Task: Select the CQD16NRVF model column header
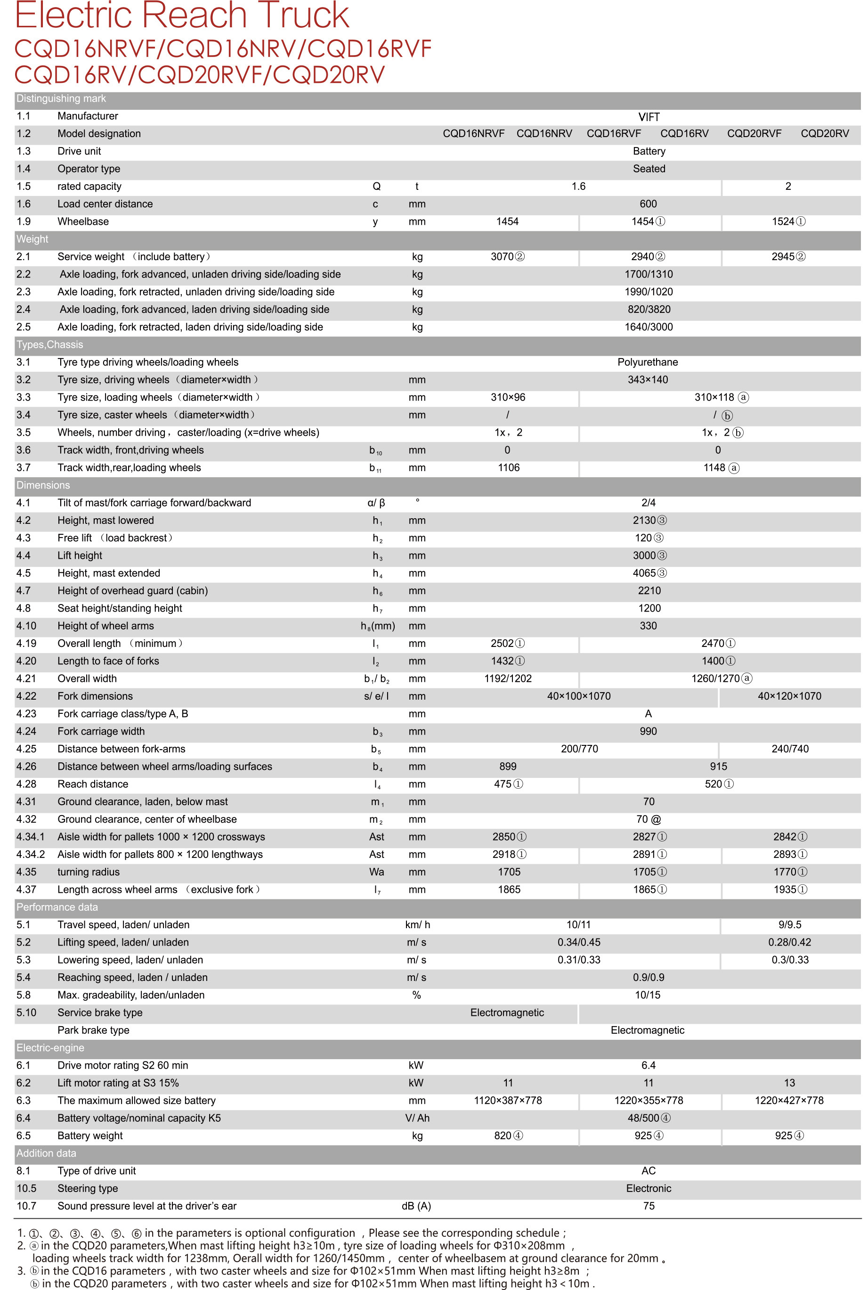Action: tap(473, 133)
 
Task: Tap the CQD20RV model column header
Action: tap(824, 133)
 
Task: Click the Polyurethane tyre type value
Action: tap(647, 362)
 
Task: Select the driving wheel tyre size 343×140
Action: tap(648, 380)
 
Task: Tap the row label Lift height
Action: tap(80, 555)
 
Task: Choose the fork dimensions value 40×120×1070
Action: tap(789, 696)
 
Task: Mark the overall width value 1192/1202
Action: tap(508, 678)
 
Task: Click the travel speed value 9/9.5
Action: tap(789, 924)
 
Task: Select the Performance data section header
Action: tap(57, 907)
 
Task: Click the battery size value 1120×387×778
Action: tap(508, 1100)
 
